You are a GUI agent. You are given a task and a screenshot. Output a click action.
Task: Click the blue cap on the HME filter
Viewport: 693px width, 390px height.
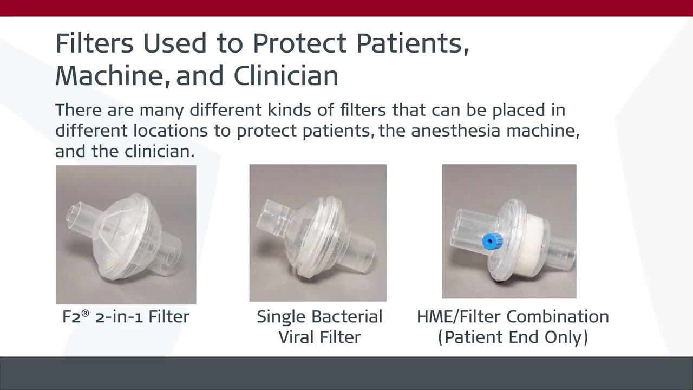pos(492,241)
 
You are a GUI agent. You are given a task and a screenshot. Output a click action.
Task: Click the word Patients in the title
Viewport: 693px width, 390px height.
pos(411,43)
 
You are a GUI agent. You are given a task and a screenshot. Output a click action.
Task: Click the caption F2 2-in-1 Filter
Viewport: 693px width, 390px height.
pos(126,317)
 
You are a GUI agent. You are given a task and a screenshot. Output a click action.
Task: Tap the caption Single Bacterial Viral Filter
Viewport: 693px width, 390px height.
pos(319,327)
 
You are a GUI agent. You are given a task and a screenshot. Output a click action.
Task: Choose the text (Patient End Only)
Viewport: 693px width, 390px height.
pos(513,337)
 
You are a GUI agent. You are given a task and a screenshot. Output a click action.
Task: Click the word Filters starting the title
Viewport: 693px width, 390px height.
pos(94,43)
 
